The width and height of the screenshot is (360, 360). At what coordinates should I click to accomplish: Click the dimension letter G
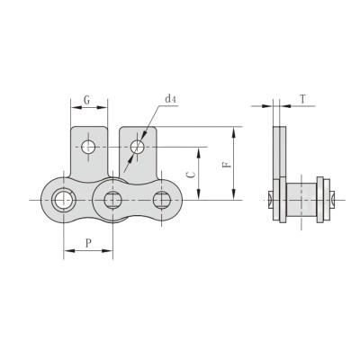86,98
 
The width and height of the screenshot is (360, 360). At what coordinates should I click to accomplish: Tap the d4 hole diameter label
170,97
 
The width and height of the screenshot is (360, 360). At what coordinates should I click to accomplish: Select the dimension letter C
187,172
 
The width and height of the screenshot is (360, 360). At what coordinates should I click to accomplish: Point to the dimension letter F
225,164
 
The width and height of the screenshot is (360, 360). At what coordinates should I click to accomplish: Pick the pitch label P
87,242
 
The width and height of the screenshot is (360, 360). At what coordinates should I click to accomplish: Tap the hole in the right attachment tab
137,146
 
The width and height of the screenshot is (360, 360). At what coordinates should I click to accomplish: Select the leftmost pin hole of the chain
64,199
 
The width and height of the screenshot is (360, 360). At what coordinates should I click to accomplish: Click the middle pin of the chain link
113,199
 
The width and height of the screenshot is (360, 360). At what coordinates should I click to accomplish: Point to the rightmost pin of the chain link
162,199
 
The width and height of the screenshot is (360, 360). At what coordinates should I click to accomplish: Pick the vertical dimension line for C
197,171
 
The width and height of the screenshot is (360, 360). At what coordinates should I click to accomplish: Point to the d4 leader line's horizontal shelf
168,106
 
